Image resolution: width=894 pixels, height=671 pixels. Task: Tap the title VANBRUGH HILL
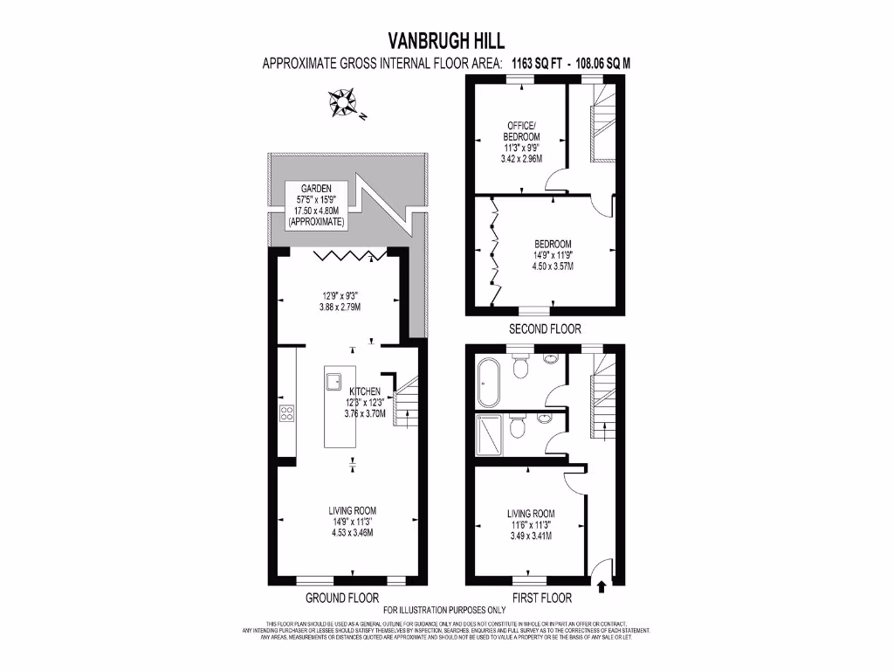[x=446, y=40]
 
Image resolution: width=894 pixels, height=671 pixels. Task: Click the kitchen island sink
[x=334, y=381]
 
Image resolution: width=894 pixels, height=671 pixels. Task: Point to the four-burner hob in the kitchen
[x=285, y=413]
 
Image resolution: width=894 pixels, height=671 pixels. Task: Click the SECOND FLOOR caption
[x=544, y=329]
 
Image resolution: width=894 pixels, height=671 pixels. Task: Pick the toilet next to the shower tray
[x=518, y=428]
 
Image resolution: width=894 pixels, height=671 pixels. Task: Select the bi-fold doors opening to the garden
[x=349, y=256]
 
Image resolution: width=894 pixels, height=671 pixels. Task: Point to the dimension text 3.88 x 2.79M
[x=349, y=308]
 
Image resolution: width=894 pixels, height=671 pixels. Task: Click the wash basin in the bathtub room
[x=550, y=358]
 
